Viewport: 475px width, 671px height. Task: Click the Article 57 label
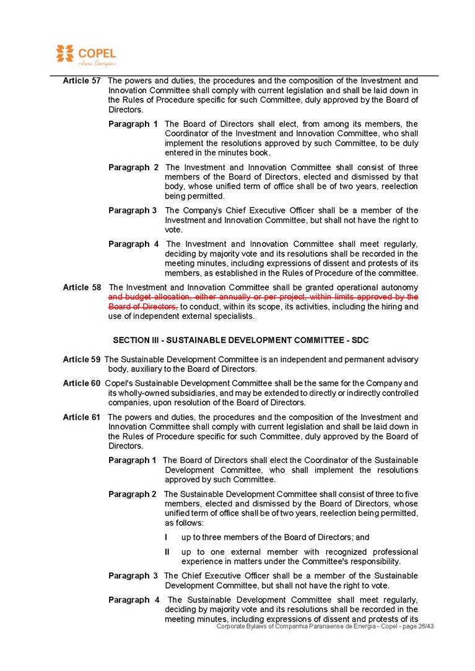(x=82, y=81)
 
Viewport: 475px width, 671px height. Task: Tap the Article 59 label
(x=82, y=360)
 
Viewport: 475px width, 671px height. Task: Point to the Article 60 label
(x=82, y=384)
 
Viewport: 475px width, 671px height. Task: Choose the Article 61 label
(x=82, y=417)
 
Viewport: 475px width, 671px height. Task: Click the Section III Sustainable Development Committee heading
(x=241, y=340)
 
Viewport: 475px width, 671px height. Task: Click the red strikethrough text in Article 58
(x=263, y=297)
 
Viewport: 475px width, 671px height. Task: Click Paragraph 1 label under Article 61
(x=133, y=461)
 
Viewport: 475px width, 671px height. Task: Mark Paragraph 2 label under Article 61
(x=133, y=495)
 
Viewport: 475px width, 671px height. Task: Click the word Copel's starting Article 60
(x=118, y=384)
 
